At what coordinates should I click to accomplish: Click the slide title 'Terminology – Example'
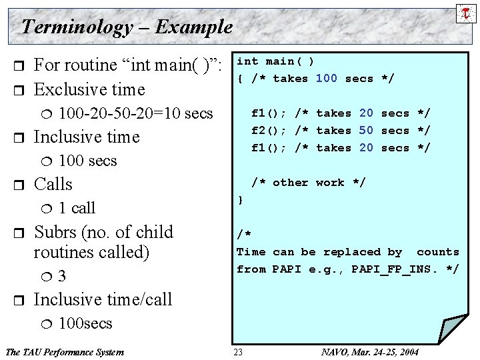coord(127,27)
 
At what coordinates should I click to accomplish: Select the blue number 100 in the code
coord(326,79)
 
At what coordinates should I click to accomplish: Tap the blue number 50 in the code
coord(366,131)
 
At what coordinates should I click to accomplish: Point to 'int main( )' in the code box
coord(276,61)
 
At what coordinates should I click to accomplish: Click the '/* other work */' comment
coord(308,183)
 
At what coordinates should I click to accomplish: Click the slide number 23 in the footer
coord(239,351)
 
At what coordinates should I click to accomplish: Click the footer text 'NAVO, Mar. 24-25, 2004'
coord(370,351)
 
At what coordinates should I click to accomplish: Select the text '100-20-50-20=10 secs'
coord(136,113)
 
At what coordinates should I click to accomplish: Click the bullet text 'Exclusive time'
coord(89,89)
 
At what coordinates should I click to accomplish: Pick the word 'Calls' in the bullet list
coord(53,184)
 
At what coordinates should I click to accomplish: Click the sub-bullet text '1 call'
coord(77,208)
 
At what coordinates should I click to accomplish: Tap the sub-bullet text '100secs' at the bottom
coord(86,324)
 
